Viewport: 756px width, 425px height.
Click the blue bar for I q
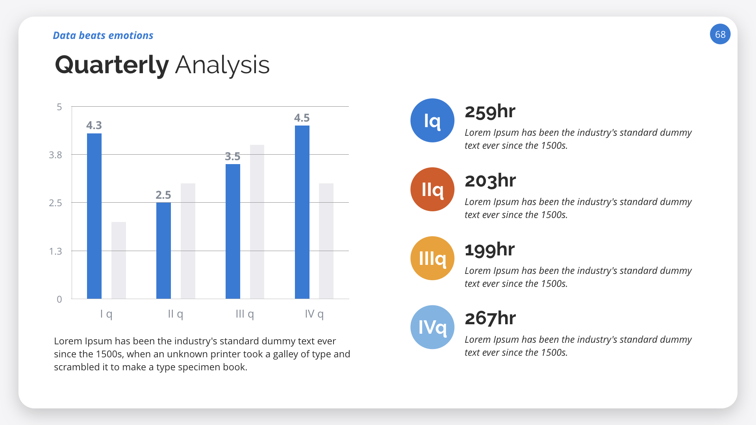tap(94, 216)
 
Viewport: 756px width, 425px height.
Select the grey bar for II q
tap(188, 241)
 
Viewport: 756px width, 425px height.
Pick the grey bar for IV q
tap(326, 241)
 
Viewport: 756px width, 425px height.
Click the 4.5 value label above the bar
tap(302, 118)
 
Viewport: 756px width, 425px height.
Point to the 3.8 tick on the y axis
tap(56, 155)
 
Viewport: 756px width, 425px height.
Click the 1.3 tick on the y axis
tap(56, 251)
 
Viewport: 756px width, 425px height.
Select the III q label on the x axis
tap(245, 314)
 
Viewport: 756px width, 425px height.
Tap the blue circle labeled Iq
tap(432, 120)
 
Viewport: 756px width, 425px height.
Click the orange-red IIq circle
tap(432, 189)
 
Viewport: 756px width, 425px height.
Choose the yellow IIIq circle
tap(432, 258)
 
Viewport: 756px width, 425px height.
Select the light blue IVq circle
tap(432, 327)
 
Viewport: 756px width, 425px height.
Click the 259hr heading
tap(490, 112)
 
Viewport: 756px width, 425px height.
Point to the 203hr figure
tap(490, 181)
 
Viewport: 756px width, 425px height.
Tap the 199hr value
tap(489, 250)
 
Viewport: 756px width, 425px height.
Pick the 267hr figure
tap(490, 318)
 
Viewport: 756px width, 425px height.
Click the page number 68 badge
tap(720, 34)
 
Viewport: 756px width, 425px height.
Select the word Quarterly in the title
tap(112, 65)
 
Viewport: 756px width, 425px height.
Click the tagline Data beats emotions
tap(103, 35)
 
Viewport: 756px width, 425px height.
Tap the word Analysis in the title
tap(222, 65)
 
